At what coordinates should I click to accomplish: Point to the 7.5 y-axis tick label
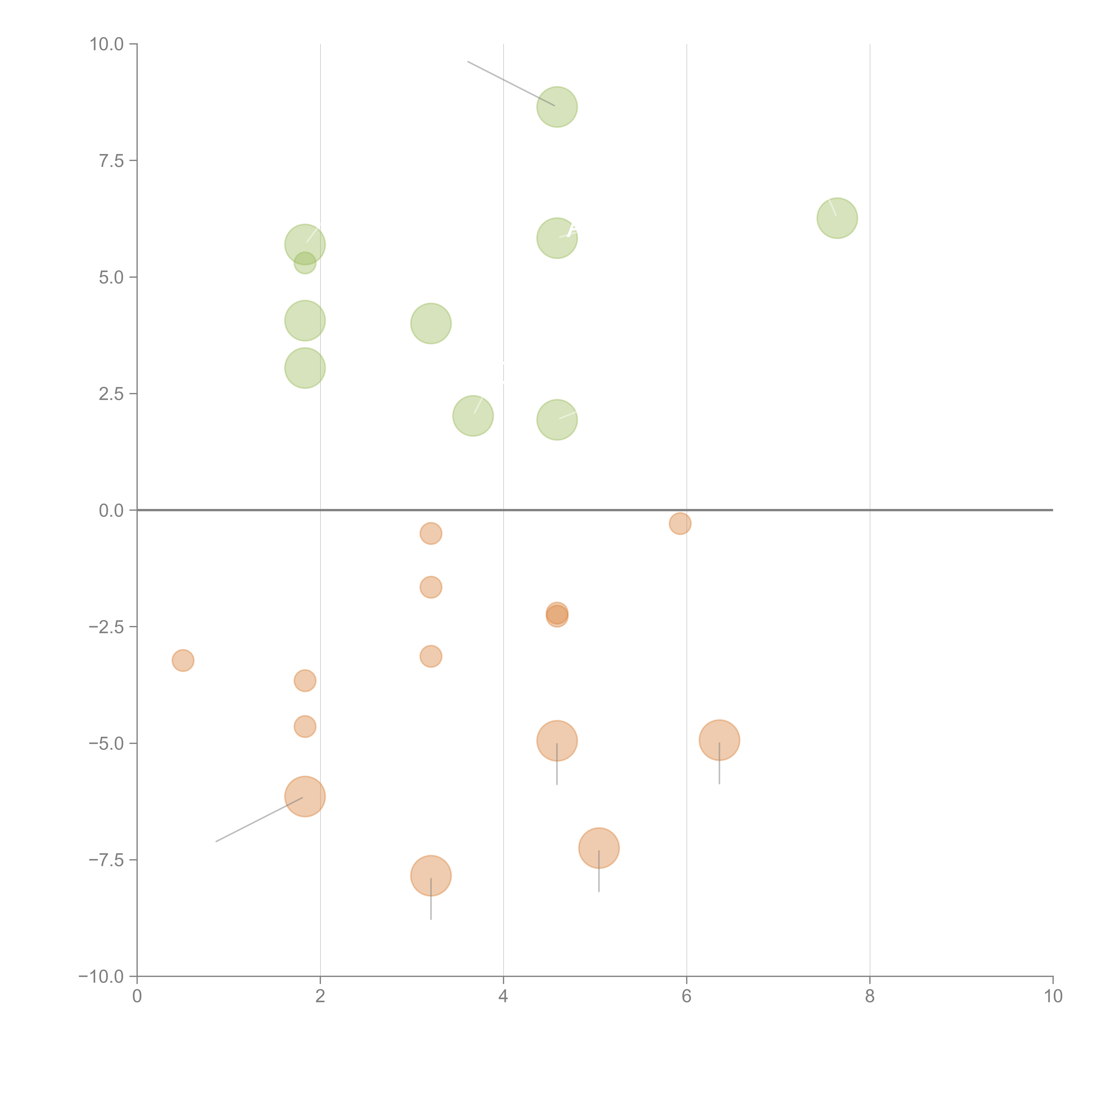click(111, 161)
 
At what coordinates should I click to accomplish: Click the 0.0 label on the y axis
click(111, 511)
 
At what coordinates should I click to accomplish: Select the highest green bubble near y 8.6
click(557, 107)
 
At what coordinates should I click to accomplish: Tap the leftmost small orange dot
click(183, 660)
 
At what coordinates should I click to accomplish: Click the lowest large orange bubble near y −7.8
click(431, 876)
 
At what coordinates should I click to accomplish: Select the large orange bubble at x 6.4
click(719, 740)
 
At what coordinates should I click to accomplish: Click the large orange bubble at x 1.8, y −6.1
click(305, 796)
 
